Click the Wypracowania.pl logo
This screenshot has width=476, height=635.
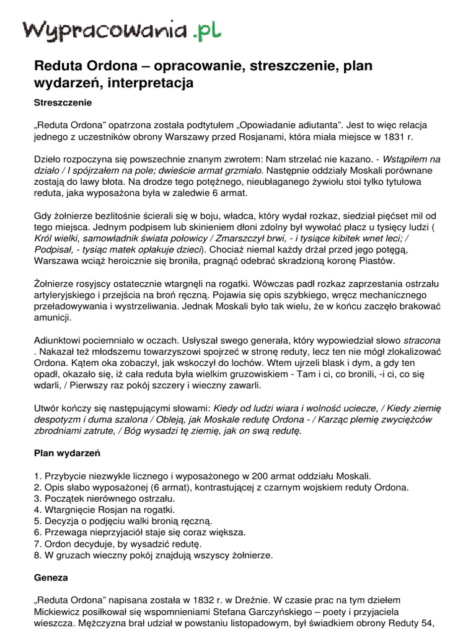[x=123, y=29]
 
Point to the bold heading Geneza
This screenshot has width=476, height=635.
[x=50, y=577]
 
